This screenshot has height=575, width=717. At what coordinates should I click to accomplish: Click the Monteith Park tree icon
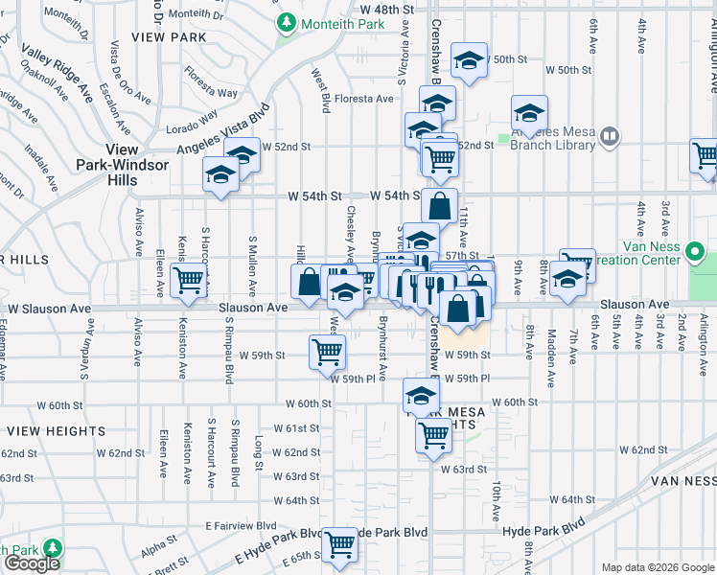pos(286,22)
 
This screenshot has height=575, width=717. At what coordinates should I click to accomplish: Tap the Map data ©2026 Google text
pos(657,567)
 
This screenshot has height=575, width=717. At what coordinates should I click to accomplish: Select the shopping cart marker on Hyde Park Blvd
pos(340,545)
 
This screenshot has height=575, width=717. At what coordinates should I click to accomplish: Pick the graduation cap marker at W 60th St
pos(420,394)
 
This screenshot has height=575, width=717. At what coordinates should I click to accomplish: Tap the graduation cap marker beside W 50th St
pos(469,60)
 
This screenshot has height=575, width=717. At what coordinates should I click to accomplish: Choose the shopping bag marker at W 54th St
pos(439,205)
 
